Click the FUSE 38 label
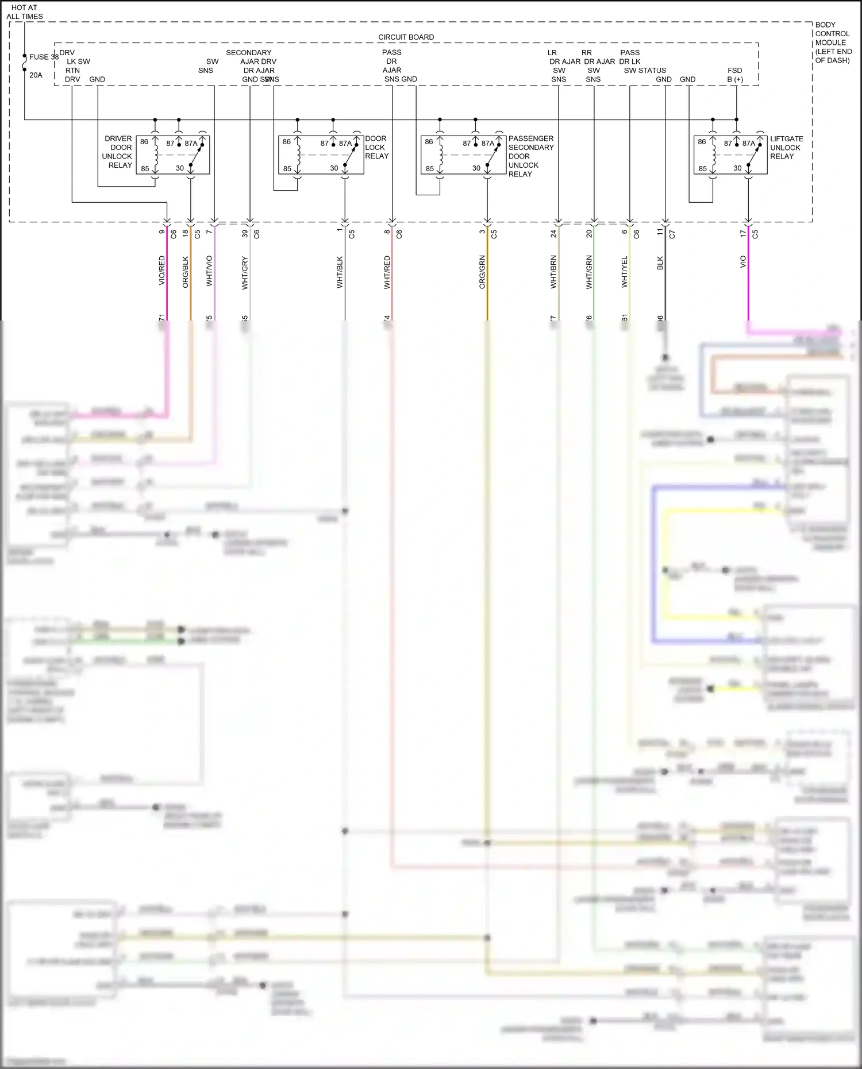[x=44, y=57]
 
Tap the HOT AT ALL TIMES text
[x=25, y=12]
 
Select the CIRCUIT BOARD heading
[x=406, y=37]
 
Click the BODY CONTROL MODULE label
[x=833, y=43]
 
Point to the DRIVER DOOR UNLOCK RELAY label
[x=118, y=152]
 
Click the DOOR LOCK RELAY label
[x=376, y=148]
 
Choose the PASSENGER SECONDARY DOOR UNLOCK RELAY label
[x=530, y=156]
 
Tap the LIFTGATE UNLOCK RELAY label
[x=786, y=148]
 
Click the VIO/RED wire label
[x=162, y=271]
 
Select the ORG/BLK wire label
[x=186, y=272]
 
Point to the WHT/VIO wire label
[x=209, y=271]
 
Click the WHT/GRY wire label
[x=245, y=273]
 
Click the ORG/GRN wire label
[x=482, y=272]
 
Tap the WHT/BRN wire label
[x=553, y=272]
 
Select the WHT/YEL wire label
[x=625, y=272]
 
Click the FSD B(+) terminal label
[x=735, y=75]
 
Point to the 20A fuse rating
[x=36, y=75]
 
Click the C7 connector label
[x=672, y=234]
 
